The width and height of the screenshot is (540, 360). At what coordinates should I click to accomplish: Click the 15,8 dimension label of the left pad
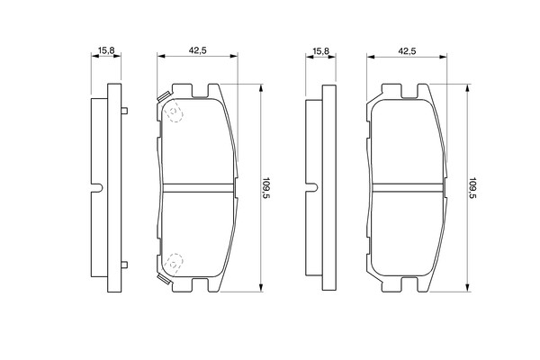click(x=106, y=50)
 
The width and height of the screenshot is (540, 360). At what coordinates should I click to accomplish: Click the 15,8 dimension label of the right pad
click(x=321, y=51)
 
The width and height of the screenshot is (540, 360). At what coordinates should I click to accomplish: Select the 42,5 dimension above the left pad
click(x=197, y=50)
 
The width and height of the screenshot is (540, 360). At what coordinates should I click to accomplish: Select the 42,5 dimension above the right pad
click(x=407, y=51)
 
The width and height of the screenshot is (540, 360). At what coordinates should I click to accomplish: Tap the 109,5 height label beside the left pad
click(x=266, y=188)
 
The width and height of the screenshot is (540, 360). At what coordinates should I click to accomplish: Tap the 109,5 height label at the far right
click(x=472, y=188)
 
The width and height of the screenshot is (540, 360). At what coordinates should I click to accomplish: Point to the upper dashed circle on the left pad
click(x=175, y=112)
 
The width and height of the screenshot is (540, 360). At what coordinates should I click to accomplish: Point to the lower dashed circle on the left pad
click(x=174, y=265)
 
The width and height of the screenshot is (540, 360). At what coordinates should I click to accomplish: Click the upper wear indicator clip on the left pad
click(x=163, y=96)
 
